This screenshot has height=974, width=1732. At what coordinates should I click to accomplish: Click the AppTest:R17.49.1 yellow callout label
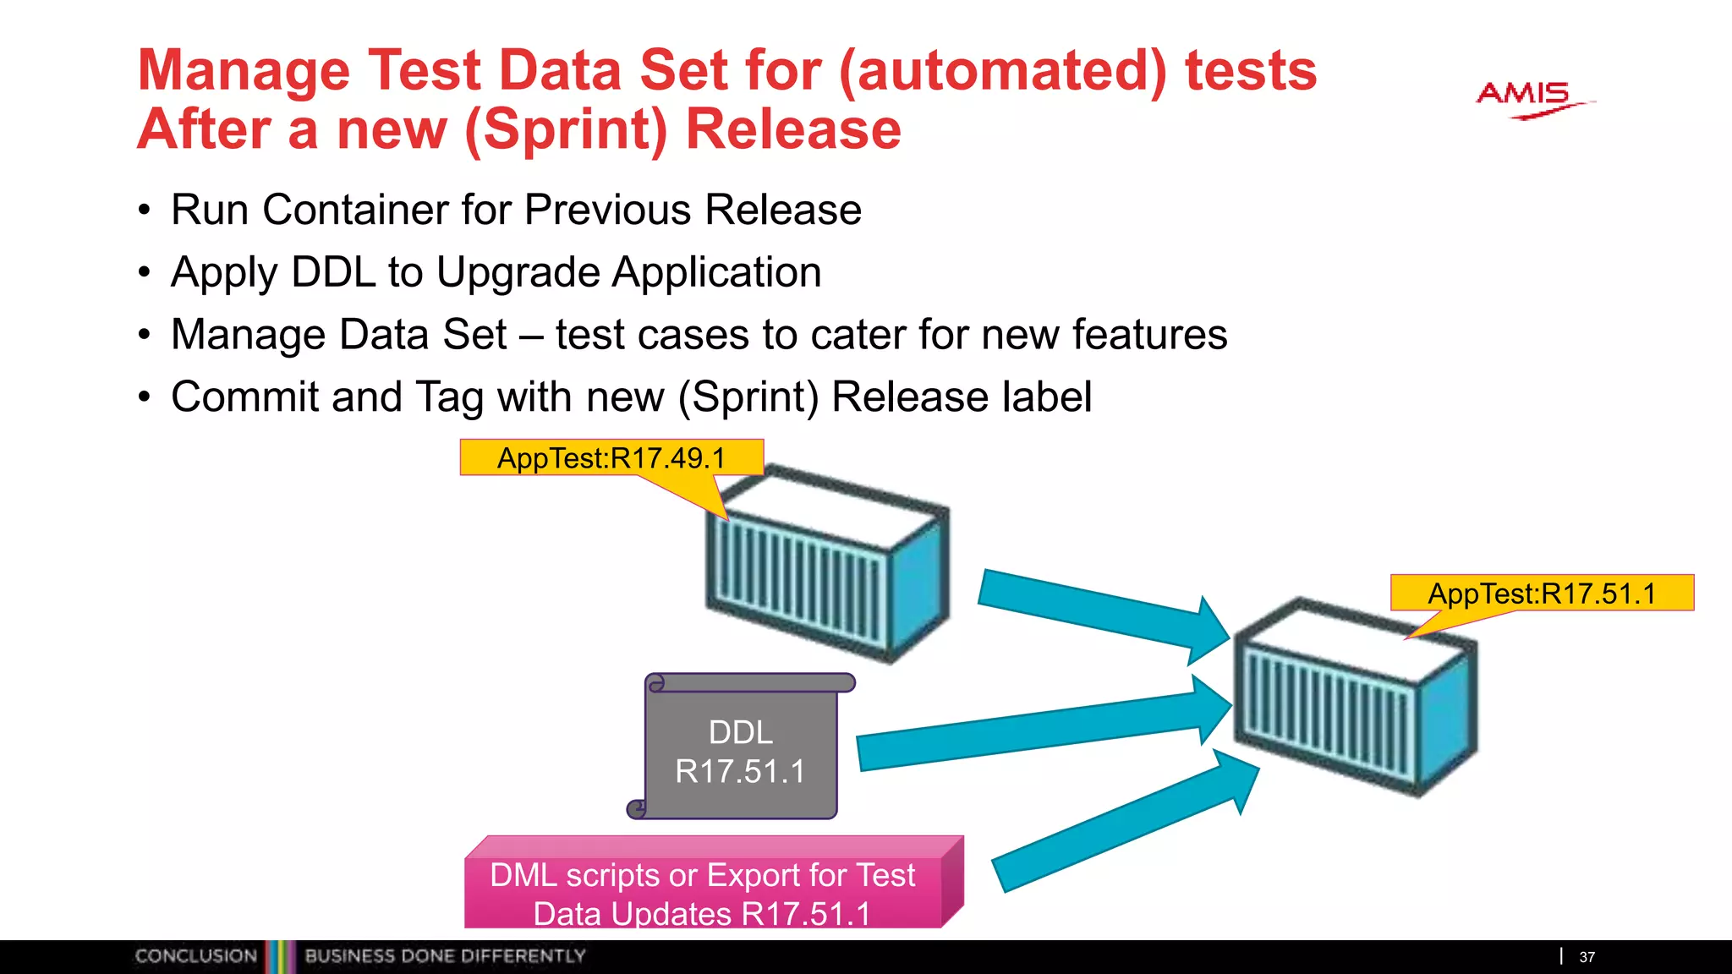point(611,457)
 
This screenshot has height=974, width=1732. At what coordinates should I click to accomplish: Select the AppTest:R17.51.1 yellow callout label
point(1541,593)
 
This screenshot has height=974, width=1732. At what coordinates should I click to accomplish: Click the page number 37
point(1587,957)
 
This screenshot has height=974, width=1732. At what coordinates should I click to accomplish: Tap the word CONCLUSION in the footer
point(195,956)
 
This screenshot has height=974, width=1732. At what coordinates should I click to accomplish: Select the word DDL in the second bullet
point(332,272)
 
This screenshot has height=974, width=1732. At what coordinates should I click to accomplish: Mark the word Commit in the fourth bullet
point(244,397)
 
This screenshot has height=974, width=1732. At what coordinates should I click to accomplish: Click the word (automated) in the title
point(1002,71)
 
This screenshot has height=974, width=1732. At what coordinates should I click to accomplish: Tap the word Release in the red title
point(793,130)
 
